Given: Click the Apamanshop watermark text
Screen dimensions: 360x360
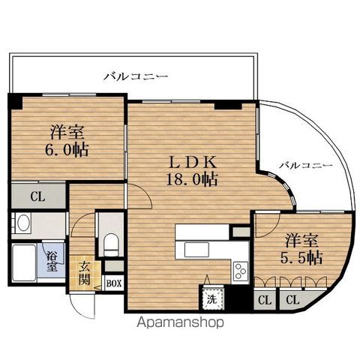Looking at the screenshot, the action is coord(180,322).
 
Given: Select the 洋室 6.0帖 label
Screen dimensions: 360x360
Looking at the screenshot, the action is coord(67,141).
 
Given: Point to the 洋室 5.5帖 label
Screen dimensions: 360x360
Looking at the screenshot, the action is coord(301,249).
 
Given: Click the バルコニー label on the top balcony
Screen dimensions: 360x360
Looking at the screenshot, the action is coord(136,76).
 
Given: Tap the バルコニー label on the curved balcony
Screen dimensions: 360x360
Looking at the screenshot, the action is coord(306,165).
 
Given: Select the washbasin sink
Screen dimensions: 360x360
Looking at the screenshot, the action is coord(22,223).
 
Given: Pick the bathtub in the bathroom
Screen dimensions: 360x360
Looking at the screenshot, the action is coord(24,262).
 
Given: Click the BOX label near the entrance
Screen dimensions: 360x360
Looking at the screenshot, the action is coord(114,283).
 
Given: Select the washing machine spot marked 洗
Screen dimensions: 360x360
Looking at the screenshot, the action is coord(212,299).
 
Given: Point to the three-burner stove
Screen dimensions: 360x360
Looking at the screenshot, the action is coord(241,271).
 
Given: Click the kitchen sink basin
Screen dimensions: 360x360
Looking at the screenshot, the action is coord(196,249).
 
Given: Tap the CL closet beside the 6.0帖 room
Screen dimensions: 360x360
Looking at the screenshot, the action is coord(38,196).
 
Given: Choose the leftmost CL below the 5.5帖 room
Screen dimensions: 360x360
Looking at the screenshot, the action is coord(265,300).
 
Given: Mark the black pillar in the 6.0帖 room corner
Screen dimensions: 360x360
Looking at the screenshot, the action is coord(15,101).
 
